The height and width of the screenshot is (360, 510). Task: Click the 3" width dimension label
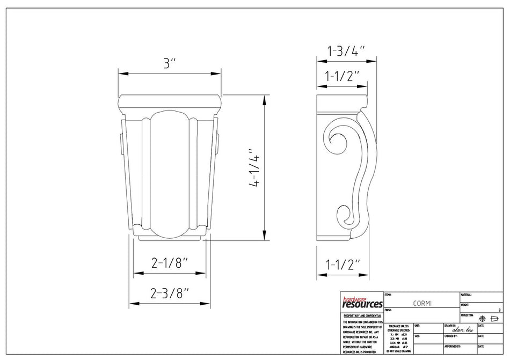tap(170, 63)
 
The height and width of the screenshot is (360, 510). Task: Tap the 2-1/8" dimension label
tap(170, 263)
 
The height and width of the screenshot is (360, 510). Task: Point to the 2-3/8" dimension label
tap(170, 293)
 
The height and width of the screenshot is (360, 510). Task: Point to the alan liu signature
tap(463, 330)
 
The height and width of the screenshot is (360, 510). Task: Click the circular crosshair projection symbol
tap(481, 318)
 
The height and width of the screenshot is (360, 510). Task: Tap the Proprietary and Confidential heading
tap(362, 316)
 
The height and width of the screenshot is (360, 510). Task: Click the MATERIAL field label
tap(466, 295)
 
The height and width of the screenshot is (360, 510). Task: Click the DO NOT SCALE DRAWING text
tap(398, 351)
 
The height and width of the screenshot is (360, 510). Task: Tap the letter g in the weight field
tap(499, 310)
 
